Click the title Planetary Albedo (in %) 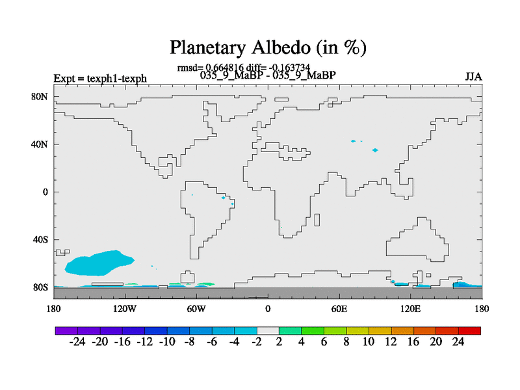[268, 47]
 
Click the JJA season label [473, 77]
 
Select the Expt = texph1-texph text [100, 79]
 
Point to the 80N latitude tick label [40, 97]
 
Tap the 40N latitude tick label [40, 144]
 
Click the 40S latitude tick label [40, 240]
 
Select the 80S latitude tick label [40, 287]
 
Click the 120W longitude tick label [125, 309]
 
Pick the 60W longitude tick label [196, 309]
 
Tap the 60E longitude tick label [339, 309]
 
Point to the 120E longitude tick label [411, 309]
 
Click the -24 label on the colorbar [77, 342]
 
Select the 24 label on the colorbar [458, 342]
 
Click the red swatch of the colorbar [469, 331]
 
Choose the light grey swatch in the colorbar [268, 331]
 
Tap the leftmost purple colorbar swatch [67, 331]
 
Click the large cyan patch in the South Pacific [99, 263]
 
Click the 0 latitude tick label [45, 192]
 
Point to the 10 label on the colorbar [369, 342]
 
